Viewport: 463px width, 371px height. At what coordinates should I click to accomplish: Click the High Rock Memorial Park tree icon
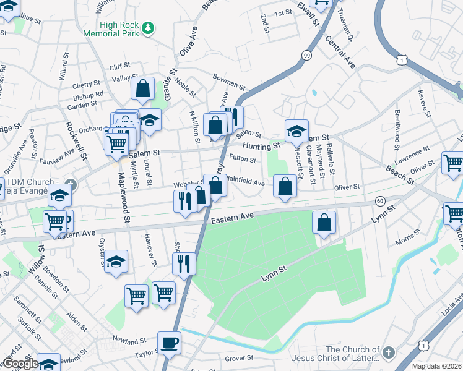[147, 28]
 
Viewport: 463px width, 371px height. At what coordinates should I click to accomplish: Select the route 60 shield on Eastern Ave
[379, 201]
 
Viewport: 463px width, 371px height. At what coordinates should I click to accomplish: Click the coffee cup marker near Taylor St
[169, 342]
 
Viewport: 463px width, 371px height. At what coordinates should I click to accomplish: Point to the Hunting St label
[261, 147]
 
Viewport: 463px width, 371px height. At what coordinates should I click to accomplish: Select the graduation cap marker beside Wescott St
[296, 130]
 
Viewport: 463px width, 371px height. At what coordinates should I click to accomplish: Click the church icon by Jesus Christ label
[388, 352]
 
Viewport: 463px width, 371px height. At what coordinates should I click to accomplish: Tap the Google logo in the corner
[20, 363]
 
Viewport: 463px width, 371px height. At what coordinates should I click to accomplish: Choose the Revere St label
[423, 103]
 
